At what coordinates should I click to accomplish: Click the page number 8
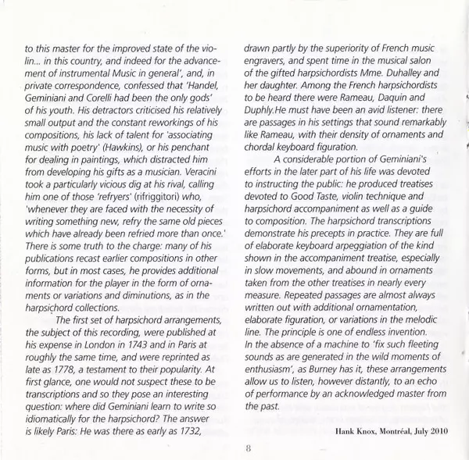[x=234, y=448]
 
